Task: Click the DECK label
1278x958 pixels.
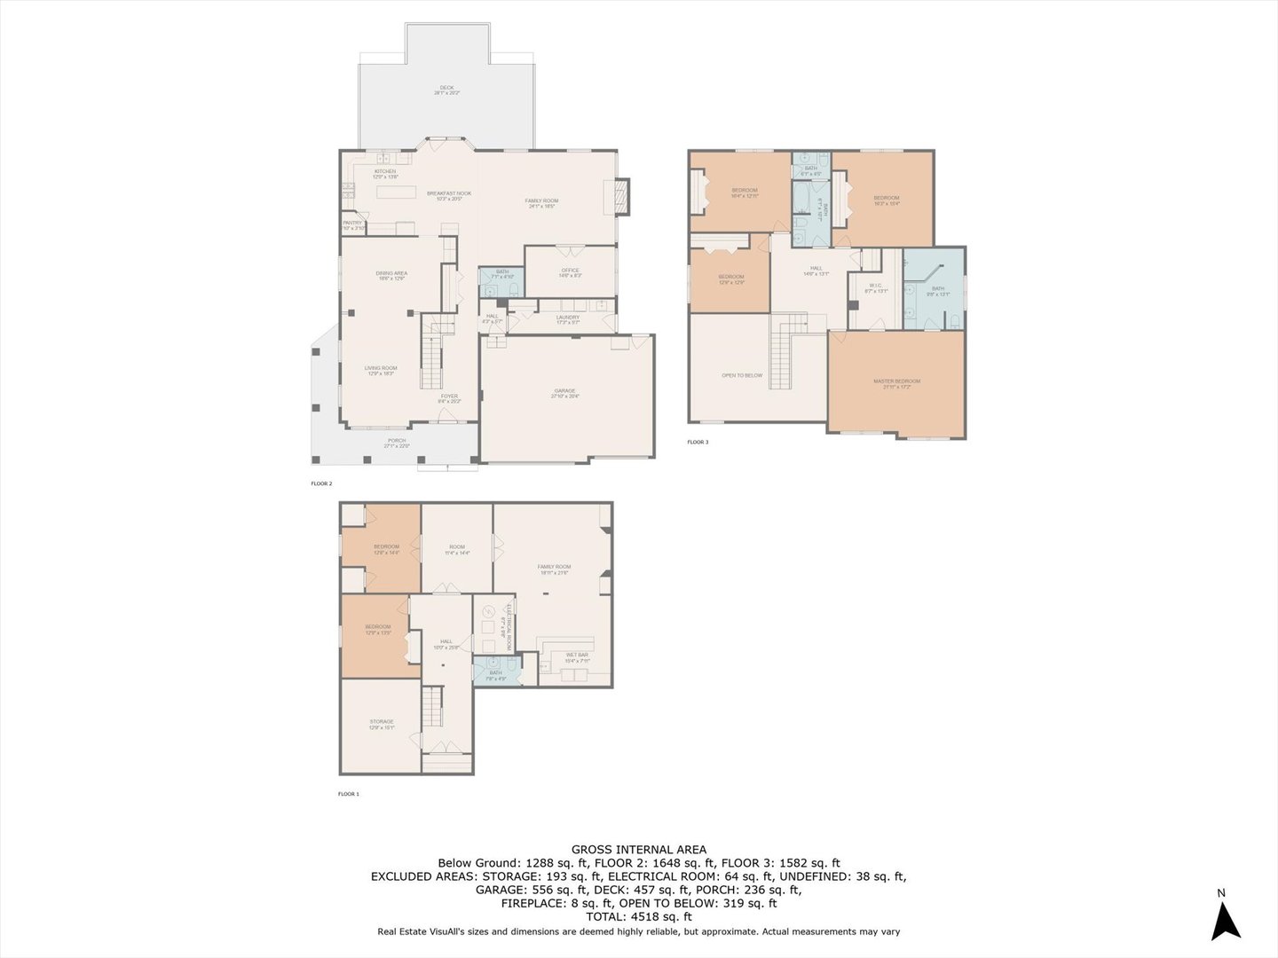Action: pyautogui.click(x=446, y=88)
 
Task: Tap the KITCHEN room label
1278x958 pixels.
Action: pyautogui.click(x=384, y=171)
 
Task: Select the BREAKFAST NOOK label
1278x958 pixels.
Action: pyautogui.click(x=449, y=193)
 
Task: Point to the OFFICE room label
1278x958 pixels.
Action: pyautogui.click(x=570, y=271)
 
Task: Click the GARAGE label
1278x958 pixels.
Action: pyautogui.click(x=564, y=391)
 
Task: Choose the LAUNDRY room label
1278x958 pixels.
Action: pyautogui.click(x=568, y=317)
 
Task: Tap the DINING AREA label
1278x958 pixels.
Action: pyautogui.click(x=390, y=273)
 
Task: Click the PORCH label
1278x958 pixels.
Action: pyautogui.click(x=396, y=441)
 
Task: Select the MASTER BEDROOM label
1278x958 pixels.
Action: pyautogui.click(x=896, y=381)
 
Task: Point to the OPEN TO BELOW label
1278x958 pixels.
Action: pyautogui.click(x=742, y=375)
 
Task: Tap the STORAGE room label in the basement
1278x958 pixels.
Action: pyautogui.click(x=382, y=722)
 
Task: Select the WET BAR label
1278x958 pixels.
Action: pyautogui.click(x=577, y=655)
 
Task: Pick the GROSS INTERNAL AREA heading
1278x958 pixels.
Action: pyautogui.click(x=639, y=849)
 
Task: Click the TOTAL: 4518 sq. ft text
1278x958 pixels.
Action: pyautogui.click(x=639, y=917)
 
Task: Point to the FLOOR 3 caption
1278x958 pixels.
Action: pyautogui.click(x=698, y=442)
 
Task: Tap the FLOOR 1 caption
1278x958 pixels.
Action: pyautogui.click(x=348, y=794)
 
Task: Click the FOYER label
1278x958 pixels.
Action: pyautogui.click(x=450, y=396)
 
